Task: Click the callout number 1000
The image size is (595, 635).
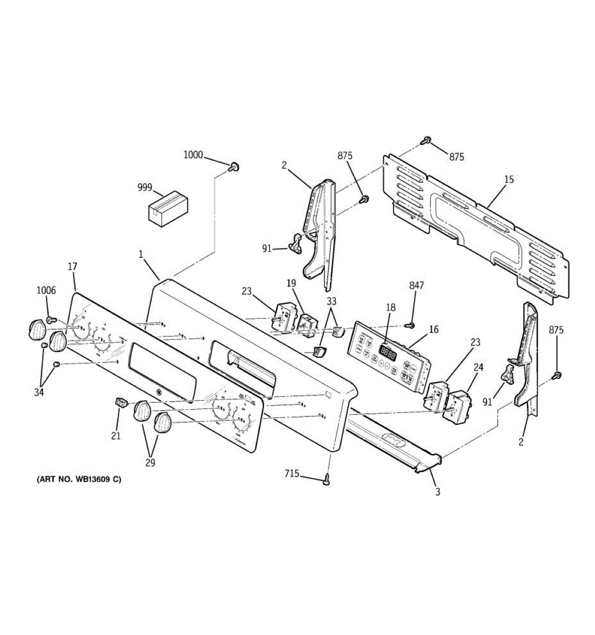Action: (x=193, y=155)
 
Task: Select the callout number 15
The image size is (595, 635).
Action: (x=508, y=179)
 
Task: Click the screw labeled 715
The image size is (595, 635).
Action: (x=327, y=479)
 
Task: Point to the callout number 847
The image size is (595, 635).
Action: (x=416, y=286)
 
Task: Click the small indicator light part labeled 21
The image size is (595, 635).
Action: (x=122, y=403)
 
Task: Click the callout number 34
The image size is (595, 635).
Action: (x=40, y=392)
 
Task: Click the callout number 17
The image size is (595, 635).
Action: (x=72, y=268)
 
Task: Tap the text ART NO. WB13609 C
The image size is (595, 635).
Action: (x=79, y=480)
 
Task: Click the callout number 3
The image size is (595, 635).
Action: (x=437, y=492)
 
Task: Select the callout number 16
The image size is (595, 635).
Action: (x=434, y=330)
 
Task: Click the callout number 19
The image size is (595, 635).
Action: (x=291, y=284)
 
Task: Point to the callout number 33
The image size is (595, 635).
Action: (x=332, y=302)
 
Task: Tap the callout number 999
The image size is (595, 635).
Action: (x=144, y=187)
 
